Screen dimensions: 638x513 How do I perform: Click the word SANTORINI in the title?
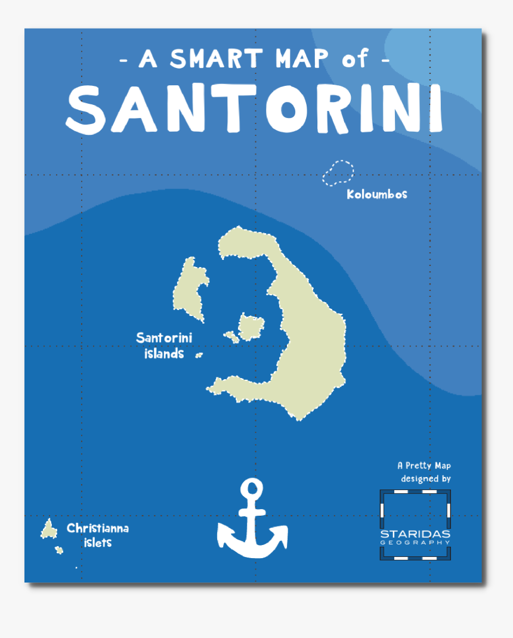click(x=255, y=109)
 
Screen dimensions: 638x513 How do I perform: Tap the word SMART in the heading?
click(x=216, y=58)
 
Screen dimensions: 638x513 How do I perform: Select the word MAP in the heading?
click(x=302, y=58)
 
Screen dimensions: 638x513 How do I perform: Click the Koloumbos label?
click(x=377, y=194)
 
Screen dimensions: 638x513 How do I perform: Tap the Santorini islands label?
click(x=164, y=345)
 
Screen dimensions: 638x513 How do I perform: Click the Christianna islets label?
click(x=97, y=535)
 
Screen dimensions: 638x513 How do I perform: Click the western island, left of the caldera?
click(x=189, y=290)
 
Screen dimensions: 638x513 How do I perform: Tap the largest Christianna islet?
click(x=48, y=529)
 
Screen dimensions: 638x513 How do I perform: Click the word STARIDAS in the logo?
click(x=415, y=534)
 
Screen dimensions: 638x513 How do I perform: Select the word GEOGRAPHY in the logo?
click(x=415, y=543)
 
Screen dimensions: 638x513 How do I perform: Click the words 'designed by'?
click(x=425, y=478)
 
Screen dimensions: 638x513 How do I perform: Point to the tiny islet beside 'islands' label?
click(x=199, y=355)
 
